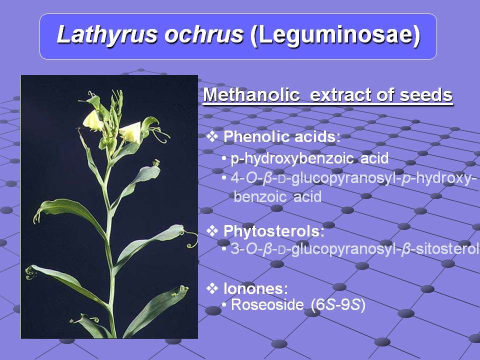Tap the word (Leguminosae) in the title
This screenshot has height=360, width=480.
[x=335, y=35]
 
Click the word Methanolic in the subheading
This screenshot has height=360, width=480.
[x=251, y=94]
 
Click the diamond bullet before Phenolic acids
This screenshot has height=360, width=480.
[x=212, y=136]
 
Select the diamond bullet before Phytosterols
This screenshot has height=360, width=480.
[x=212, y=230]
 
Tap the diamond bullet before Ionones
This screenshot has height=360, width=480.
[x=212, y=288]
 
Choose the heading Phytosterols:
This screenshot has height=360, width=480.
[x=274, y=231]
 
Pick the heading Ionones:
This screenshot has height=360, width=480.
[x=256, y=288]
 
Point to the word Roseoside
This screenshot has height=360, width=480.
[x=267, y=305]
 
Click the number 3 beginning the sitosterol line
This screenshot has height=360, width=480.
[x=235, y=249]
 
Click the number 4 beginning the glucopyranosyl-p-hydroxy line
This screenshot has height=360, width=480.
[x=235, y=178]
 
